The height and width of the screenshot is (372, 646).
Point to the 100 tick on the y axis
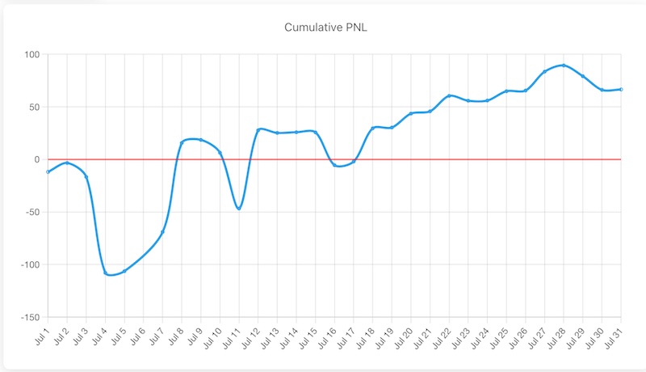tap(32, 55)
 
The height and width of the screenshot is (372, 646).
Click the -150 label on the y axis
tap(29, 317)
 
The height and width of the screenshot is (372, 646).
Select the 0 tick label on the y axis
tap(36, 159)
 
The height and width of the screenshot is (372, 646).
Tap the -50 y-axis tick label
tap(31, 212)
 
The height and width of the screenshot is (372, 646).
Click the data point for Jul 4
tap(105, 273)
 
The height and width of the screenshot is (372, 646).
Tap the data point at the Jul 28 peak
tap(564, 66)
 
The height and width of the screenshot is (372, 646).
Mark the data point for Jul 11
tap(239, 209)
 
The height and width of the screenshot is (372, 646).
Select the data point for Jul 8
tap(182, 143)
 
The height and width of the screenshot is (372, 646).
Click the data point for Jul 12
tap(258, 129)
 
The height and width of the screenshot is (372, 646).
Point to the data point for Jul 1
tap(48, 171)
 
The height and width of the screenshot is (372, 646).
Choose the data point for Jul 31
tap(621, 89)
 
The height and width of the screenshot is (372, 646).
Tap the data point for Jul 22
tap(449, 95)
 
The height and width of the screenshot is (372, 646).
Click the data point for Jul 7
tap(162, 232)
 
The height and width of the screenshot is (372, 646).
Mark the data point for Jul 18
tap(372, 128)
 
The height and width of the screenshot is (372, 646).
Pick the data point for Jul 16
tap(334, 165)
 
